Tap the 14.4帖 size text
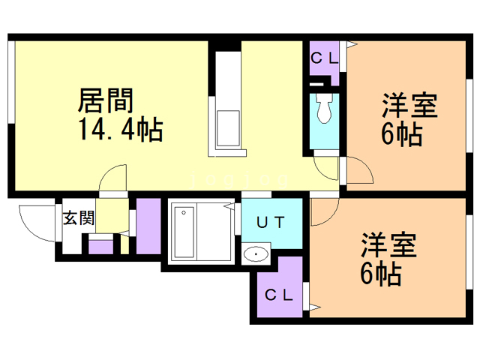pyautogui.click(x=119, y=131)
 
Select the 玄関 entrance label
pyautogui.click(x=78, y=219)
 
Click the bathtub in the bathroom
pyautogui.click(x=184, y=232)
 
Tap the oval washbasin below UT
pyautogui.click(x=257, y=253)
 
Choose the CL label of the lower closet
pyautogui.click(x=278, y=294)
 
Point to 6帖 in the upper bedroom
pyautogui.click(x=400, y=135)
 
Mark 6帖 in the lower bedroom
pyautogui.click(x=379, y=275)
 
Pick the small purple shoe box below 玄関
pyautogui.click(x=100, y=244)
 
